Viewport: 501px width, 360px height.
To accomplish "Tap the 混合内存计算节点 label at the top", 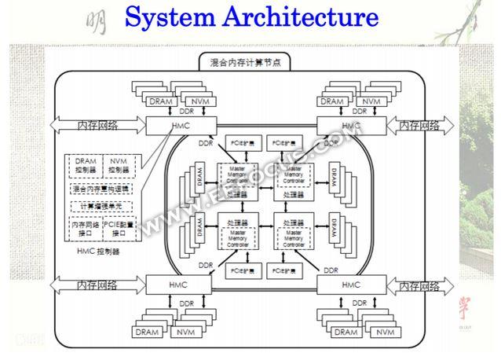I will tap(251, 61).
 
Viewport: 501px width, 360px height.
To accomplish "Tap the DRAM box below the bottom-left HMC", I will tap(148, 332).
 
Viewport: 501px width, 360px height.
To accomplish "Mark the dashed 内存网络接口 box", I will tap(86, 230).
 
